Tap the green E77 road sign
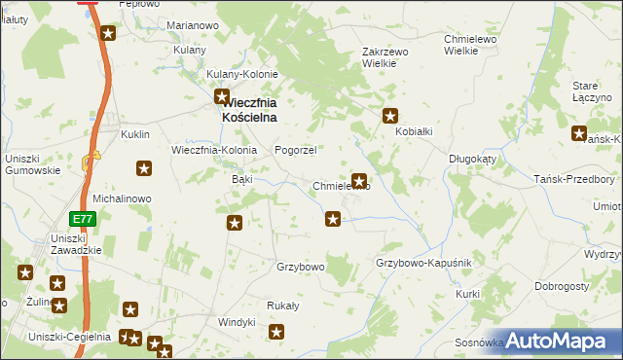[x=83, y=220]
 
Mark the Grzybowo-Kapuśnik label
[x=423, y=264]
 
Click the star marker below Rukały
[x=277, y=333]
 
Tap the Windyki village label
[x=237, y=321]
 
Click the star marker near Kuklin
[x=144, y=168]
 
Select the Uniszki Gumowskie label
[x=33, y=163]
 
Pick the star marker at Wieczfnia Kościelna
[x=222, y=97]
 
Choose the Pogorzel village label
[x=296, y=150]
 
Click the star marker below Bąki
[x=235, y=224]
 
